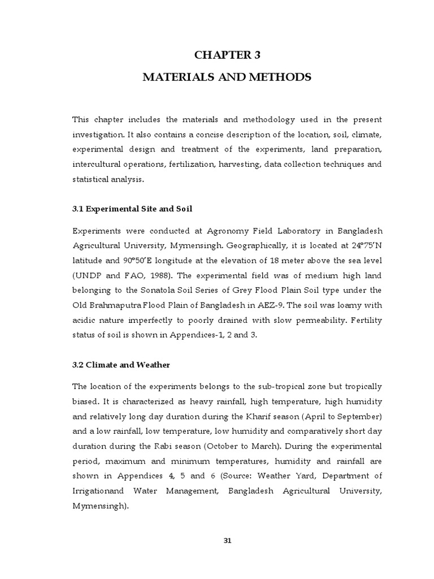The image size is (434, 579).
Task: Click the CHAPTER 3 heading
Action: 226,55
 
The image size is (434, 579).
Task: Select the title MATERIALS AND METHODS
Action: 226,77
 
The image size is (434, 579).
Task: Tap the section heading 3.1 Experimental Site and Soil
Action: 132,209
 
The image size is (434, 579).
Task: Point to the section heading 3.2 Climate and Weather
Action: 121,365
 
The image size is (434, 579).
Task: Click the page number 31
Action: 228,540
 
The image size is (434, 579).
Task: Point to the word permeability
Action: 297,321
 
